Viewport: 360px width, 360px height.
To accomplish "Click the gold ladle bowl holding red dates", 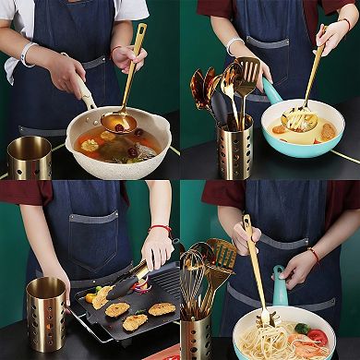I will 119,122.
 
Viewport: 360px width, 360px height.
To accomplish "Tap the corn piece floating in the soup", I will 90,145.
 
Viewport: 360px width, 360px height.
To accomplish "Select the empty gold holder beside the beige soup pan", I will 30,157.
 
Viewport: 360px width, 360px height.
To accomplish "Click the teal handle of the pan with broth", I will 271,90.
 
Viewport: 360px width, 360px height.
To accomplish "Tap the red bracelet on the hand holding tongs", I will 160,227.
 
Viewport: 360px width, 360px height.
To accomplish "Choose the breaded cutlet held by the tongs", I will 100,298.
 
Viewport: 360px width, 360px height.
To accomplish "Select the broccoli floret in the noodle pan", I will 302,328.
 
